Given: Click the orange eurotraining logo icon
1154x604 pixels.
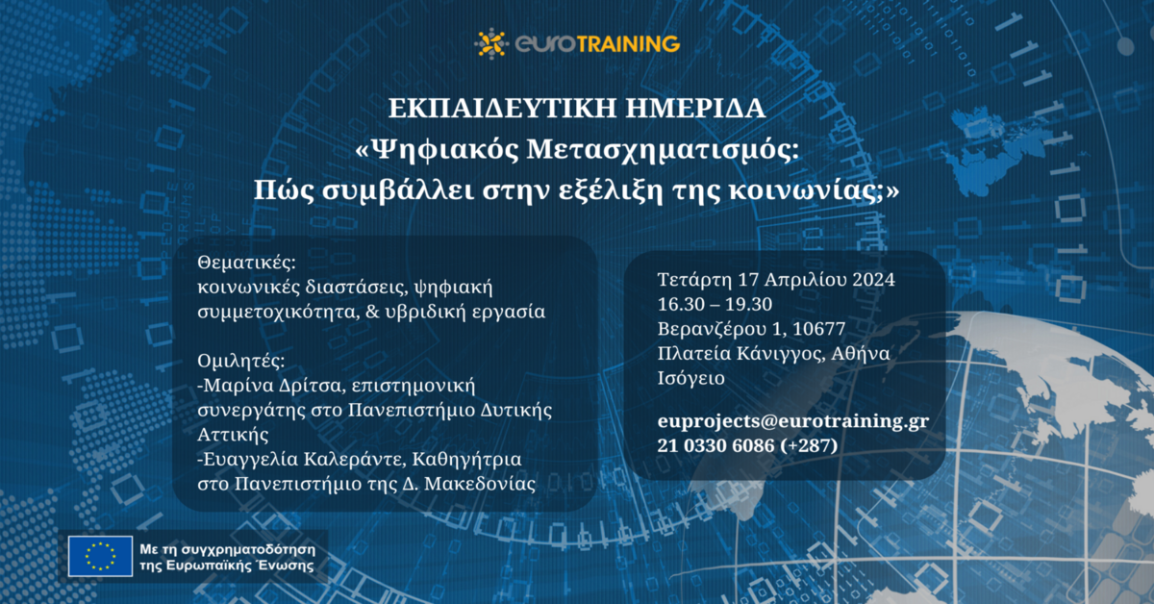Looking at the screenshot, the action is pos(491,43).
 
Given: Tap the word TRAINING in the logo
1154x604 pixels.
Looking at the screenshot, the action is pos(628,44).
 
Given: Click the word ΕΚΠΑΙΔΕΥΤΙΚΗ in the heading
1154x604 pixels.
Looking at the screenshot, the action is pos(502,109).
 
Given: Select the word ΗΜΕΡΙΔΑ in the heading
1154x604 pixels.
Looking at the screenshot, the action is pos(695,109).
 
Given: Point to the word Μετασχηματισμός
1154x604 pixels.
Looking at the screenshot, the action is pos(663,150).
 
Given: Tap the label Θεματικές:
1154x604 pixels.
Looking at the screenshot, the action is pos(247,263).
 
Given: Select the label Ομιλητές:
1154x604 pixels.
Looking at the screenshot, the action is pos(241,361).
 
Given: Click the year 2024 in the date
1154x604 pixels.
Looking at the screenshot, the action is pos(873,279).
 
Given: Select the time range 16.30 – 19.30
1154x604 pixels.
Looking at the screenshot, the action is pos(715,304).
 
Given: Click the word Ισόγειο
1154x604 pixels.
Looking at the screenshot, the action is pos(690,378).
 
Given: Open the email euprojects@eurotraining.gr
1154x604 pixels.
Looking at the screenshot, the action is pos(792,421).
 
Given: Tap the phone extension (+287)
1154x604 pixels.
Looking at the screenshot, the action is pos(809,445).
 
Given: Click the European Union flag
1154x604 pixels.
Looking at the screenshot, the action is pos(100,556).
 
